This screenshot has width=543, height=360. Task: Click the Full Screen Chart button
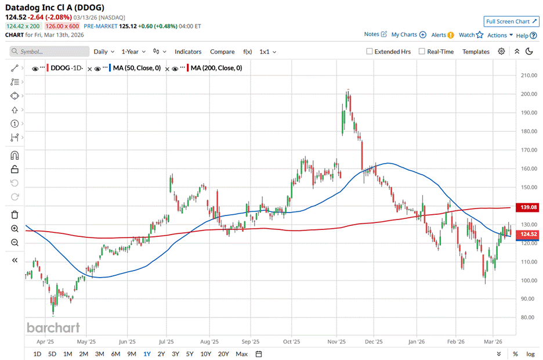click(x=511, y=21)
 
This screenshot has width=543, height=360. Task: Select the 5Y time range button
click(x=190, y=354)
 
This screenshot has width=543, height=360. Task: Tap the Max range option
click(x=242, y=354)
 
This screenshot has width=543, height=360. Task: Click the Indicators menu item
click(x=188, y=52)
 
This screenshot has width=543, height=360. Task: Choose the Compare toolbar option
click(x=222, y=52)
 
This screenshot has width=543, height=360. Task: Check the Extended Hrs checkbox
click(x=370, y=52)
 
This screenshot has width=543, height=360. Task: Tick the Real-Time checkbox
click(x=422, y=52)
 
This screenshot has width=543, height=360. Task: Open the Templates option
click(x=476, y=52)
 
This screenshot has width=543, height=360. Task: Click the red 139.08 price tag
click(x=528, y=207)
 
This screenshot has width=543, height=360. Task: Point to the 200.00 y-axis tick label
click(x=528, y=94)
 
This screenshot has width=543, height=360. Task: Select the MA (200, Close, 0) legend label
click(x=215, y=68)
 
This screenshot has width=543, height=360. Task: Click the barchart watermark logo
click(x=53, y=327)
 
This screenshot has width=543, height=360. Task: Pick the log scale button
click(x=530, y=354)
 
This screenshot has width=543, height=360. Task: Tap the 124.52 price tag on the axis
click(x=528, y=235)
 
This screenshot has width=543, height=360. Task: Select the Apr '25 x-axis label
click(x=46, y=342)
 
